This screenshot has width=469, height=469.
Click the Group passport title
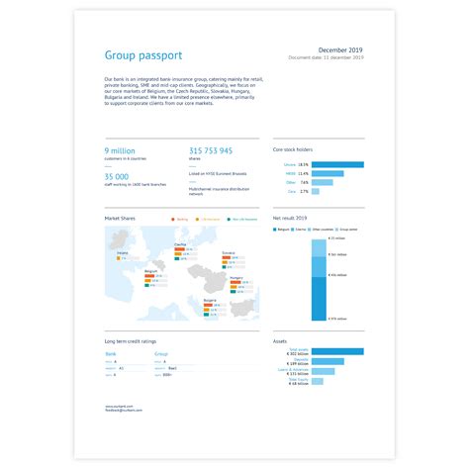(x=142, y=55)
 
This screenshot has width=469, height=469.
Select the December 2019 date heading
(x=341, y=49)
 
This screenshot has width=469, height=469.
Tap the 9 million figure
(x=120, y=150)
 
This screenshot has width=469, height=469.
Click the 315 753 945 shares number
(x=210, y=150)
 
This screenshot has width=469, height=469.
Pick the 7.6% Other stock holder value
(x=304, y=182)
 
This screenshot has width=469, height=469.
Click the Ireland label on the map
(x=123, y=251)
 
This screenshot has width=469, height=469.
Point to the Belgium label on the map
(x=151, y=269)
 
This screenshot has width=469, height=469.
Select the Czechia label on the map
(x=180, y=242)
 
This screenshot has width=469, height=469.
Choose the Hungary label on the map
(x=236, y=278)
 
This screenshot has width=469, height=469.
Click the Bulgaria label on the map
(x=210, y=299)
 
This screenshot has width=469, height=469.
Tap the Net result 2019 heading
(x=292, y=217)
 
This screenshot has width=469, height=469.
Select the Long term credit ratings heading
(x=130, y=341)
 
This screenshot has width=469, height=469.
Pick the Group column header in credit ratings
(x=161, y=352)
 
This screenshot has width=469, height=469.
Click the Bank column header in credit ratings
(x=110, y=352)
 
